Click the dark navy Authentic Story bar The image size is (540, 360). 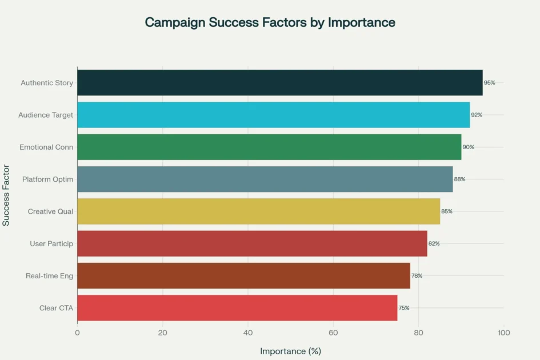tap(279, 82)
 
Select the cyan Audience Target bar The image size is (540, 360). tap(273, 115)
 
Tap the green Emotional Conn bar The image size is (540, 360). tap(269, 147)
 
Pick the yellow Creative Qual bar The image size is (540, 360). tap(258, 211)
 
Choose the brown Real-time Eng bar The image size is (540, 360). tap(243, 276)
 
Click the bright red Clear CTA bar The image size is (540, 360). tap(237, 308)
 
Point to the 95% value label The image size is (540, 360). tap(490, 83)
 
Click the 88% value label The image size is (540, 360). tap(459, 179)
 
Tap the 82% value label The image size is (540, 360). tap(434, 244)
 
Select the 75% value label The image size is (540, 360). tap(404, 308)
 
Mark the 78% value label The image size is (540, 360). tap(417, 276)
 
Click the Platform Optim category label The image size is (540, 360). tap(47, 179)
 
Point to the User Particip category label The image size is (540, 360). tap(51, 244)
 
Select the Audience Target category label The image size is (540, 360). tap(46, 115)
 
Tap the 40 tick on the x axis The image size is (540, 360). tap(248, 332)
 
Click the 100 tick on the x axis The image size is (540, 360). tap(503, 332)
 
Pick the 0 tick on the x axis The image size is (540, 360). tap(77, 332)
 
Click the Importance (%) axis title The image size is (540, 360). tap(290, 351)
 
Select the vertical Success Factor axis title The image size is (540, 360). tap(6, 195)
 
